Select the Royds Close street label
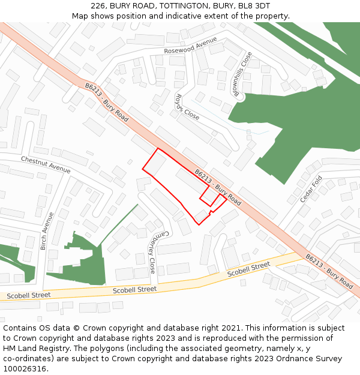pyautogui.click(x=187, y=106)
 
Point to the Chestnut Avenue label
pyautogui.click(x=46, y=164)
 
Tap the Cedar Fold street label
pyautogui.click(x=311, y=189)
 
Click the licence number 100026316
pyautogui.click(x=25, y=368)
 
